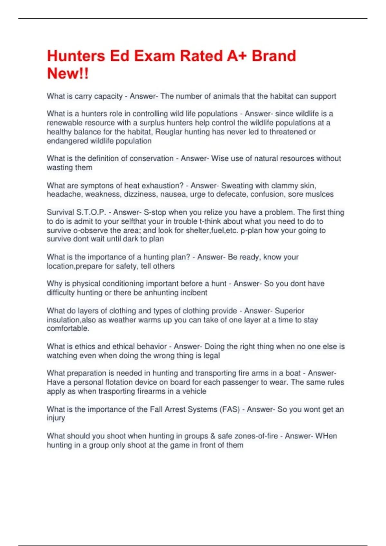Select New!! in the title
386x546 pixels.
pos(68,74)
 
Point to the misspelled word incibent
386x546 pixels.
pos(194,293)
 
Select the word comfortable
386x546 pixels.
pos(68,328)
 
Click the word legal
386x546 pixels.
pos(212,356)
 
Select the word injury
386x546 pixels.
pos(56,418)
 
